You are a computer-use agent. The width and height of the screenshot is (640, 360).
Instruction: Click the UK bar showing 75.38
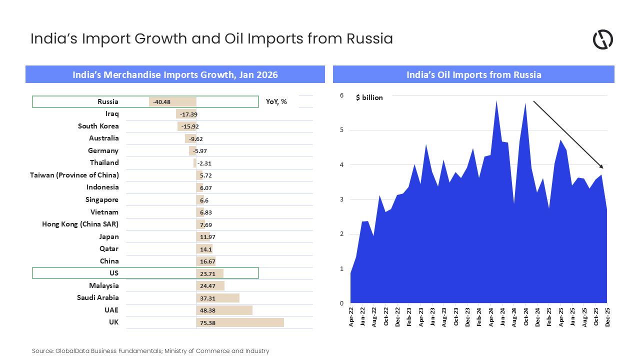coord(240,322)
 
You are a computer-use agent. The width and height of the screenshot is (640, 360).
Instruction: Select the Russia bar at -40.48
coord(172,102)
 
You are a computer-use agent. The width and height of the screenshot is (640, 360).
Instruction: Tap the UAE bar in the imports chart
coord(224,310)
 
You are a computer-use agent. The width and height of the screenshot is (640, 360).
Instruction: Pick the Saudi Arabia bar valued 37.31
coord(217,298)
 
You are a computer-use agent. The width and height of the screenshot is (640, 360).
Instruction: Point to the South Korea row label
coord(98,126)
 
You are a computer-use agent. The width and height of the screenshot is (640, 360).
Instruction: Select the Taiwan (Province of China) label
coord(74,175)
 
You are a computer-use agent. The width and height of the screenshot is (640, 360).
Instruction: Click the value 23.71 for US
coord(207,273)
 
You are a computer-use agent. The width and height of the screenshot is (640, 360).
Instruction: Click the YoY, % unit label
coord(276,102)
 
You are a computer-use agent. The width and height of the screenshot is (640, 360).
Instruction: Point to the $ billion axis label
coord(369,97)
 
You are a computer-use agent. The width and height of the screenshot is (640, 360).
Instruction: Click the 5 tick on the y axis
coord(341,130)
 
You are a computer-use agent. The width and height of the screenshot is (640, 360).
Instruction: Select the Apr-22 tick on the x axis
coord(351,317)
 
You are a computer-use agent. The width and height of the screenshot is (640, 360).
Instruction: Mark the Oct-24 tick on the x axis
coord(526,317)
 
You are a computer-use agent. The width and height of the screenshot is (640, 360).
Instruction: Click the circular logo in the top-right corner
coord(602,39)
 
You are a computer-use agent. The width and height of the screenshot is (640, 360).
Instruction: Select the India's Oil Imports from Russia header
coord(473,74)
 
